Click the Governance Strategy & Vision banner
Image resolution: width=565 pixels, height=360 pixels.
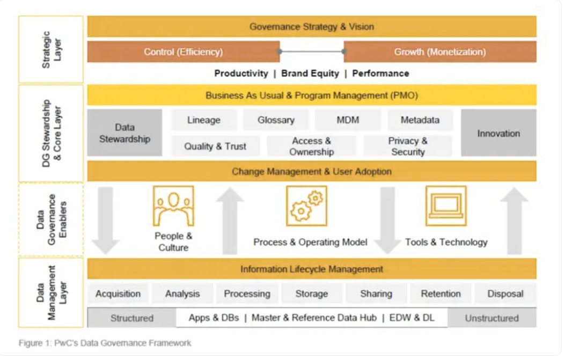(x=311, y=26)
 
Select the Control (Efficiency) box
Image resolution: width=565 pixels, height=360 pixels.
(x=183, y=52)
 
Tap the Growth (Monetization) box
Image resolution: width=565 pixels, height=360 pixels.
(x=439, y=52)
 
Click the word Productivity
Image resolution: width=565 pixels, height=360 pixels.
(x=241, y=74)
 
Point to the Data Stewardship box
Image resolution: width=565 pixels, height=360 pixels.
(x=124, y=133)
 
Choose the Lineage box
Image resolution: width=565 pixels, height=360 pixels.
(x=203, y=120)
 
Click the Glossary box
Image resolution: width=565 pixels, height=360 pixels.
(x=275, y=120)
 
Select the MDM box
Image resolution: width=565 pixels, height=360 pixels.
(x=347, y=120)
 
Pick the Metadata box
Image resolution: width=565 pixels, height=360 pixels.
(x=420, y=120)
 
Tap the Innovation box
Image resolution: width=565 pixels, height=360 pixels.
(x=498, y=133)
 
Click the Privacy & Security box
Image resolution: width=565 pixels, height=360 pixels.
(x=408, y=146)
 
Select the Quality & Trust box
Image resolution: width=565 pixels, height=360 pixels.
(x=215, y=146)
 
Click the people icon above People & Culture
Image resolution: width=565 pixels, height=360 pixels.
(x=173, y=206)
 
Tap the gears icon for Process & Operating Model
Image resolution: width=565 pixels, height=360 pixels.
(x=306, y=206)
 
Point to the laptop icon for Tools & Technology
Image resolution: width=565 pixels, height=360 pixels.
(x=446, y=206)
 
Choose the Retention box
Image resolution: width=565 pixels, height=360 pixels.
(x=441, y=293)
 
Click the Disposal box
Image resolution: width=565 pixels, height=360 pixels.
(x=505, y=293)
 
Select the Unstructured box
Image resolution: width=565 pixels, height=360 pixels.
(x=491, y=318)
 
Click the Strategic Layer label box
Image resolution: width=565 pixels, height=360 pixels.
(x=51, y=49)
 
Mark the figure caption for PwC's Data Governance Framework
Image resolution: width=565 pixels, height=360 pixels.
(x=105, y=343)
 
